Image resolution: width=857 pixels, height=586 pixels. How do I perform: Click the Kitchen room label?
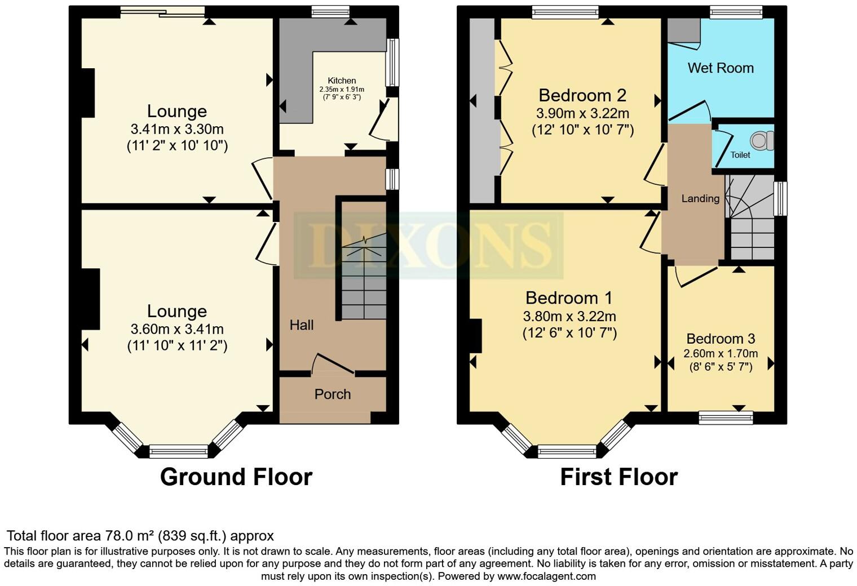(x=342, y=81)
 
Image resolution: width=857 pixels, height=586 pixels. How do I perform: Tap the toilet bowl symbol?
(x=764, y=140)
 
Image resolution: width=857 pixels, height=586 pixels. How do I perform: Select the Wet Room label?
(x=721, y=68)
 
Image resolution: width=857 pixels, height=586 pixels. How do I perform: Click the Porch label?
(x=333, y=394)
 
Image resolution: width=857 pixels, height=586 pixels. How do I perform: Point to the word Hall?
(x=302, y=325)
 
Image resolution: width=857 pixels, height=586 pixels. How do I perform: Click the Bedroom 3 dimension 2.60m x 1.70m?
(x=721, y=354)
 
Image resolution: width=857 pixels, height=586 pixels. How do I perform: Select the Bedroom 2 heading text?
(x=582, y=95)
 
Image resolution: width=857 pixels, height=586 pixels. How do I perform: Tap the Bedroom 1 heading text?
(x=569, y=298)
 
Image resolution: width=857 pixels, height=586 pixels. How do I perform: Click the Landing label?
(x=700, y=198)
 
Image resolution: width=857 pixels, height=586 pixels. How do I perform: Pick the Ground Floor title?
(x=236, y=477)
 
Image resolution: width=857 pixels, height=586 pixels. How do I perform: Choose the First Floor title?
(x=619, y=477)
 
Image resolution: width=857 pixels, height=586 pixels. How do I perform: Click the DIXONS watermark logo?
(x=428, y=246)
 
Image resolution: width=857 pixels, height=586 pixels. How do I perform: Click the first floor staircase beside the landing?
(x=752, y=225)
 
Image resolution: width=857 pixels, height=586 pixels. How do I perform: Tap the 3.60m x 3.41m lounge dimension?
(x=177, y=329)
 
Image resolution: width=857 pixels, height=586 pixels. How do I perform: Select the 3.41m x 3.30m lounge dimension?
(x=177, y=129)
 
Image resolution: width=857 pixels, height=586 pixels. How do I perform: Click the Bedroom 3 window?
(x=726, y=418)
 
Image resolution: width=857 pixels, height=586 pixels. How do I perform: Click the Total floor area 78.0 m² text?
(x=140, y=535)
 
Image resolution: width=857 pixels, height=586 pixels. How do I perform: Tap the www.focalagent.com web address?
(x=546, y=576)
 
